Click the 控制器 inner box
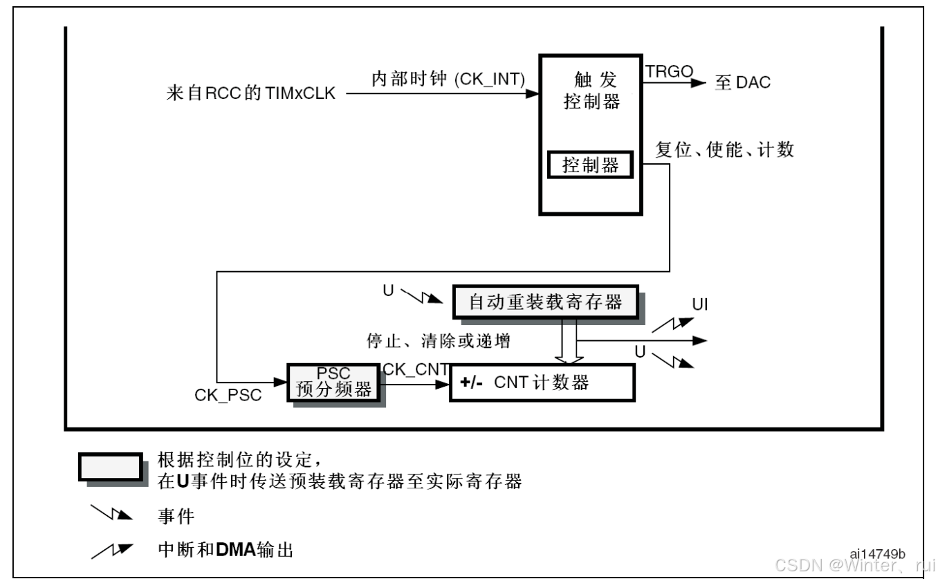[590, 166]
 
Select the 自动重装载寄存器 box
[546, 302]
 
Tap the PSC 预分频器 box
[333, 382]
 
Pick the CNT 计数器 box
[542, 382]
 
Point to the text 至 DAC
[742, 83]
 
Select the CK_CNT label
[415, 369]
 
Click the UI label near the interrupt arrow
[700, 305]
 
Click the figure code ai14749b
[877, 555]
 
